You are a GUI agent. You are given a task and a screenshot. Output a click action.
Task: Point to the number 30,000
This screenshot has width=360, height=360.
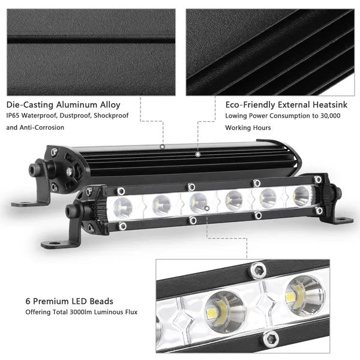327,115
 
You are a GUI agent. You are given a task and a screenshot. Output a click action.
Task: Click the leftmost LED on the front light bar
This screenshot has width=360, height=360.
122,208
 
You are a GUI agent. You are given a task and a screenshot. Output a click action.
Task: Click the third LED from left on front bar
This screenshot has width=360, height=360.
199,202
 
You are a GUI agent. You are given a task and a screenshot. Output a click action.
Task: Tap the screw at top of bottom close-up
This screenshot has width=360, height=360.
258,272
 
